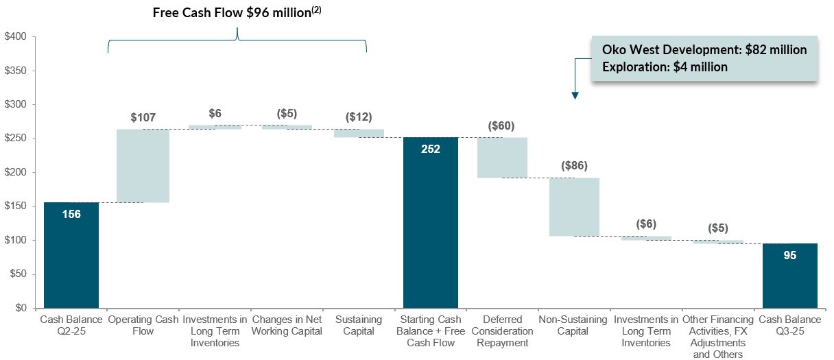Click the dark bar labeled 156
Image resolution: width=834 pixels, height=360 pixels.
tap(71, 254)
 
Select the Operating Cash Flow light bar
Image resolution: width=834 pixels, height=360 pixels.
tap(143, 166)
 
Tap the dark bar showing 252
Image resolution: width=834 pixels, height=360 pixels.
tap(430, 222)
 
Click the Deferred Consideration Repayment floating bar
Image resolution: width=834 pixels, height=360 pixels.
tap(502, 158)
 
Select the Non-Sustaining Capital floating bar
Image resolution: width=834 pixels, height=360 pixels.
tap(574, 206)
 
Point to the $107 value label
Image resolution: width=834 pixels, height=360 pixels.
tap(143, 117)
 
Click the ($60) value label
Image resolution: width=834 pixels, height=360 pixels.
tap(501, 126)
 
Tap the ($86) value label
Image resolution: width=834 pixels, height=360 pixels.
tap(573, 166)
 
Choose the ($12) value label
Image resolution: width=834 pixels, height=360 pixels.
tap(358, 117)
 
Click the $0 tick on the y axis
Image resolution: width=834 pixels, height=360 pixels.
tap(20, 308)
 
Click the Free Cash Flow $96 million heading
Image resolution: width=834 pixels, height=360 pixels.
tap(237, 12)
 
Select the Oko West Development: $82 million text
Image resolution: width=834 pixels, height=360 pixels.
tap(704, 50)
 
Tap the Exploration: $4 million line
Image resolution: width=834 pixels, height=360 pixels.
tap(665, 67)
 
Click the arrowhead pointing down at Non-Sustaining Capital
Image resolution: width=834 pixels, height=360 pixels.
tap(575, 95)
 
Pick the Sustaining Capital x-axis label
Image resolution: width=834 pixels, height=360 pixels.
tap(358, 326)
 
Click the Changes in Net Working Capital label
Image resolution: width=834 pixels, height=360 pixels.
tap(287, 326)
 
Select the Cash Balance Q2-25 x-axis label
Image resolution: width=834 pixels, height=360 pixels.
tap(71, 326)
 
